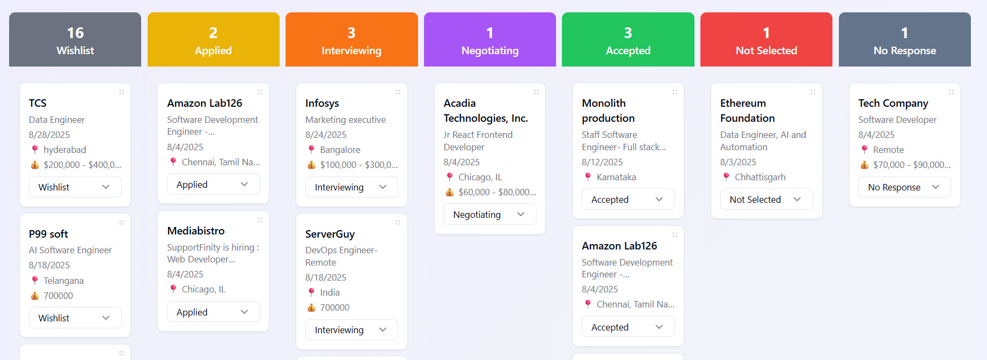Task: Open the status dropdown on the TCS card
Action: (75, 187)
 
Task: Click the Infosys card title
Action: (322, 103)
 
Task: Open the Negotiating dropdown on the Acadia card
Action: (489, 215)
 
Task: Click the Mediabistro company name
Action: (196, 231)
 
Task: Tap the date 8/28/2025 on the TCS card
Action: (49, 135)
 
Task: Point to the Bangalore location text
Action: (340, 150)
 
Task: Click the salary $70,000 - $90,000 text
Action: (911, 165)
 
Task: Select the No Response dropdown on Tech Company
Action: (904, 187)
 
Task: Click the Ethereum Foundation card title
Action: (747, 111)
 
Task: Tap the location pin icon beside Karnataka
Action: (588, 177)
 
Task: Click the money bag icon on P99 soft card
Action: (35, 296)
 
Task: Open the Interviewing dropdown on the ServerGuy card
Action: (352, 330)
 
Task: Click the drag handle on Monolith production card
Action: (675, 92)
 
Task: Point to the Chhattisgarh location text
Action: (760, 177)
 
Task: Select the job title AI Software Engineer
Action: (70, 250)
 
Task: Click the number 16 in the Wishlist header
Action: (75, 33)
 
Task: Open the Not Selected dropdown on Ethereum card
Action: (766, 200)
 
